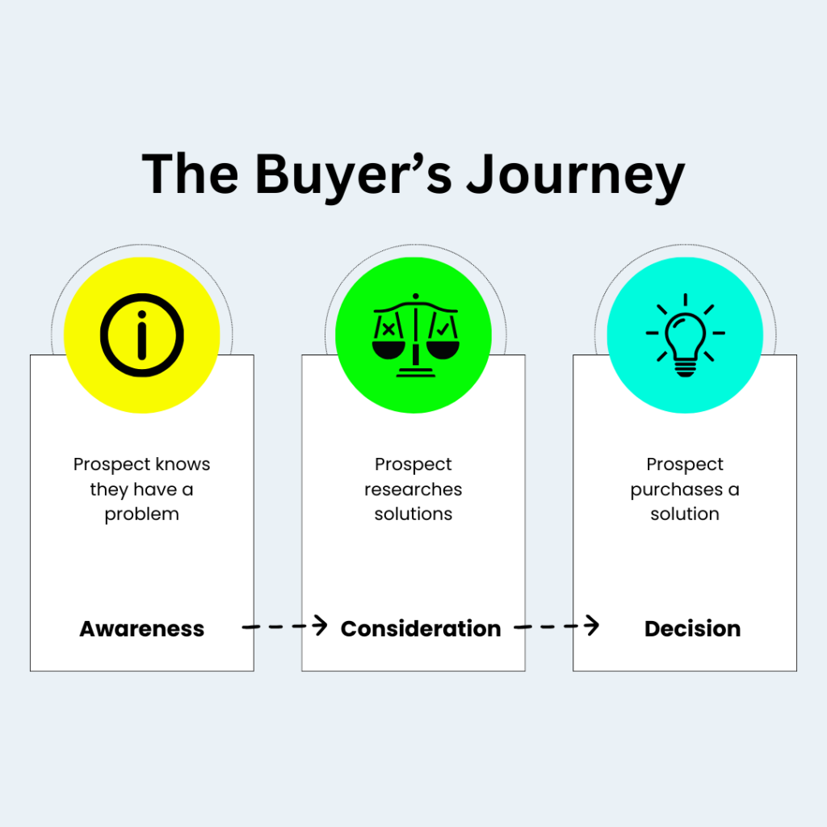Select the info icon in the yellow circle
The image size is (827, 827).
click(x=142, y=334)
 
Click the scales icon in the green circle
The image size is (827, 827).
click(x=413, y=334)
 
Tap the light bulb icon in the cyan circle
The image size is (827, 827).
click(x=685, y=334)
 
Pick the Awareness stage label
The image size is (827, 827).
click(x=142, y=629)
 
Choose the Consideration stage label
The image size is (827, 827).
click(x=421, y=629)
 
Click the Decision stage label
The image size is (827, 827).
click(x=692, y=629)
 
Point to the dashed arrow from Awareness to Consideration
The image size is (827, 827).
click(x=284, y=626)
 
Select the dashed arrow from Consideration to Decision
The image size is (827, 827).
click(x=556, y=626)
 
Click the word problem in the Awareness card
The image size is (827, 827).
click(x=142, y=514)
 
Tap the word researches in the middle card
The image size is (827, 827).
click(x=413, y=489)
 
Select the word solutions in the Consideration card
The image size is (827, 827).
click(x=413, y=514)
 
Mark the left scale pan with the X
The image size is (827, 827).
click(x=388, y=342)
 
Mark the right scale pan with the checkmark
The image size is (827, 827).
click(x=442, y=342)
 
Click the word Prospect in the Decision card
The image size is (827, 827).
click(x=685, y=464)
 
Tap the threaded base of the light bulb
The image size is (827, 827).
click(x=685, y=369)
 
